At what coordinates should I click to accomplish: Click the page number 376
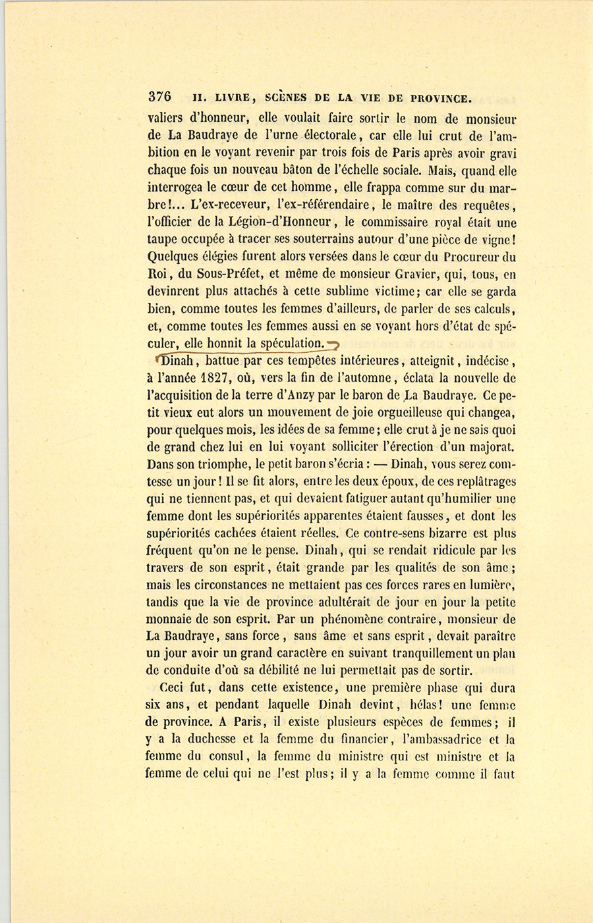click(x=159, y=97)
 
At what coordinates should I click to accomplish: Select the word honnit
click(x=225, y=343)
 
